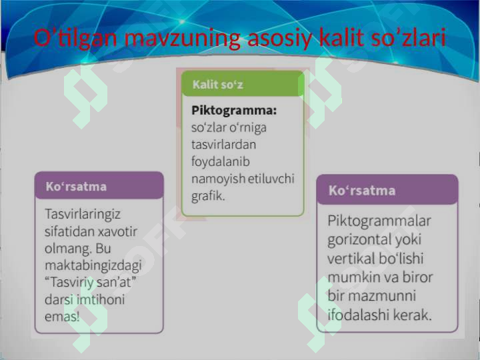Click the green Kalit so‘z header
pos(218,85)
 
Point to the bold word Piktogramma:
pos(234,109)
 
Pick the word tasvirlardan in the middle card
pos(223,144)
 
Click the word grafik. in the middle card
pos(208,196)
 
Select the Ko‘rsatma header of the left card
pos(75,186)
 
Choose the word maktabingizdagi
pos(93,265)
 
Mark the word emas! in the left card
pos(62,317)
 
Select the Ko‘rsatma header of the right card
pos(361,191)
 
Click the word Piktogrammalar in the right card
pos(379,221)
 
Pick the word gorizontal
pos(361,239)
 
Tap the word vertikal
pos(351,258)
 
